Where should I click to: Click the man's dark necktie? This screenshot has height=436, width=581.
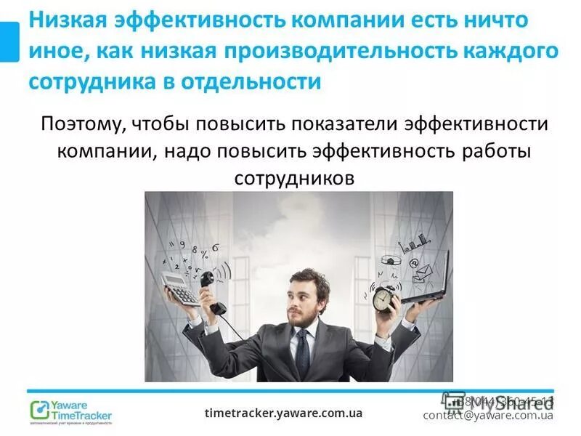[302, 352]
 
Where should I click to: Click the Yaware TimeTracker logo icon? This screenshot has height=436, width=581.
[39, 410]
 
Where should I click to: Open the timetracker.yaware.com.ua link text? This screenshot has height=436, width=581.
[283, 413]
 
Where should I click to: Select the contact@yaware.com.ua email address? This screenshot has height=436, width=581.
[488, 416]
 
